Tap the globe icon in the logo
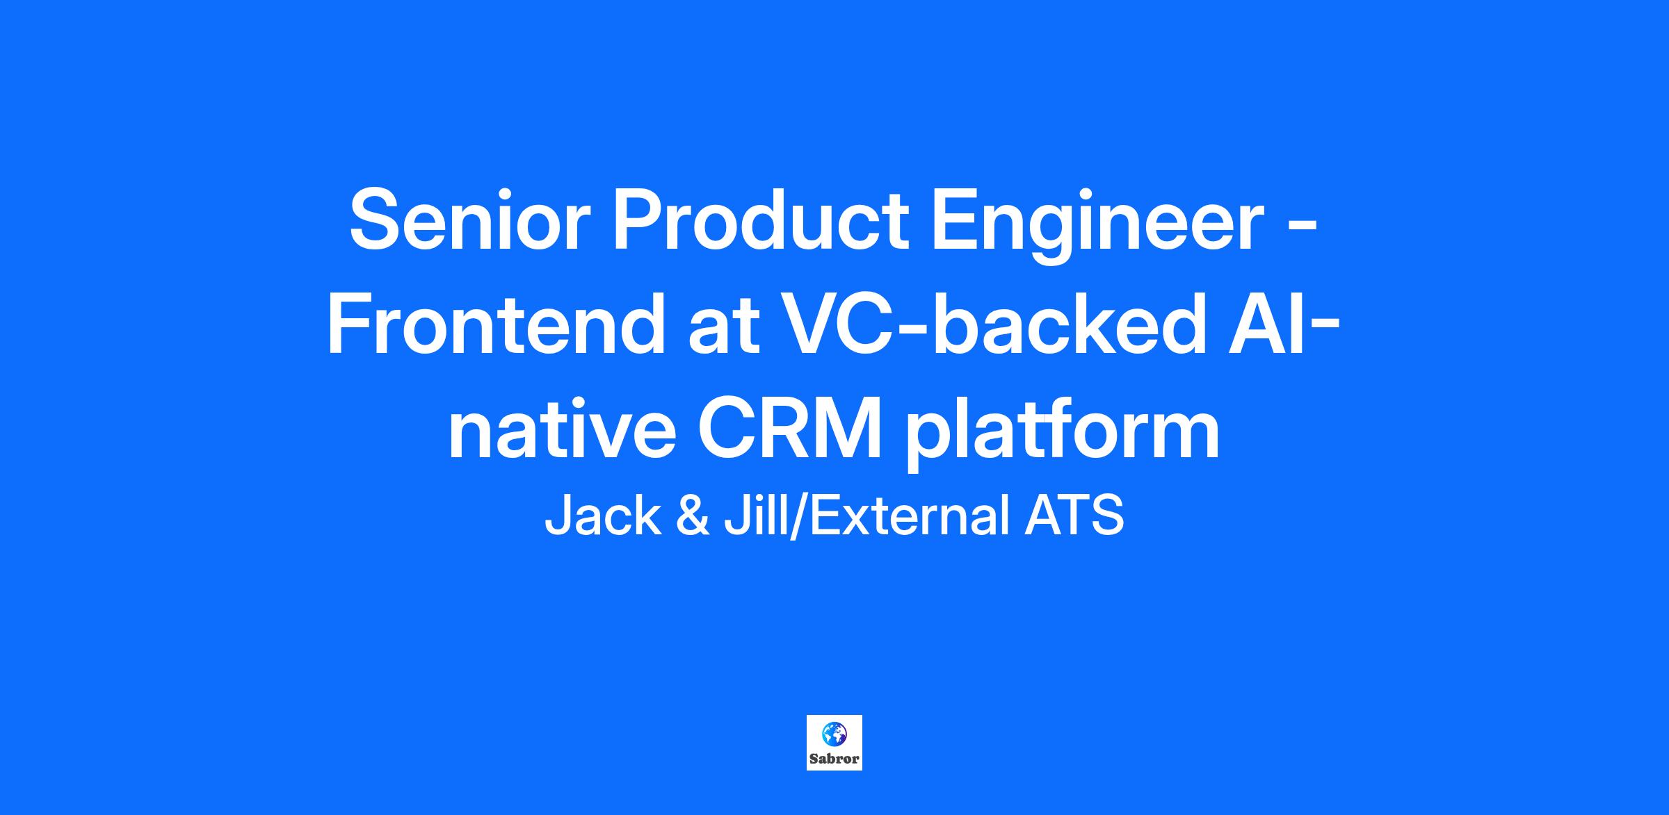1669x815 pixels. coord(834,734)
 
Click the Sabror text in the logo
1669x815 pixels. coord(834,759)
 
